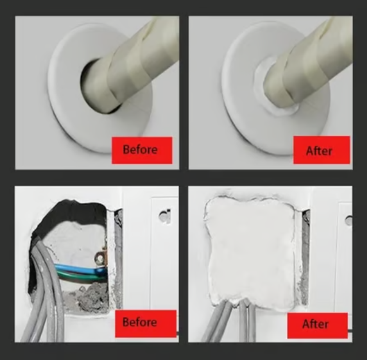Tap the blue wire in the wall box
(77, 268)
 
